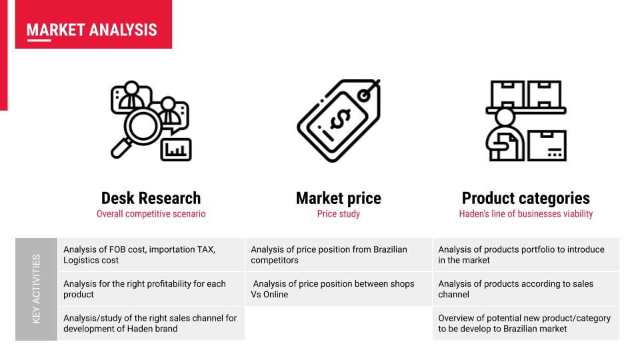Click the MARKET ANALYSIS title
pyautogui.click(x=92, y=30)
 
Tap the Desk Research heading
pyautogui.click(x=151, y=199)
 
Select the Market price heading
pyautogui.click(x=339, y=199)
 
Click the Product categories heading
pyautogui.click(x=526, y=199)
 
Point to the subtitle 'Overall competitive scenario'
pyautogui.click(x=151, y=214)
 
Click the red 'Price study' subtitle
pyautogui.click(x=339, y=214)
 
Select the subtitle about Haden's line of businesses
pyautogui.click(x=526, y=214)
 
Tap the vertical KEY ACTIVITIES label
pyautogui.click(x=36, y=289)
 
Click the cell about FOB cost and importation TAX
pyautogui.click(x=151, y=255)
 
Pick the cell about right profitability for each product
pyautogui.click(x=151, y=289)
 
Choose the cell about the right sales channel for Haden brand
pyautogui.click(x=151, y=323)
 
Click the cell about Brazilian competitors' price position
pyautogui.click(x=339, y=255)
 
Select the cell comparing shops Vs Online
pyautogui.click(x=339, y=289)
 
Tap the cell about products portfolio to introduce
pyautogui.click(x=526, y=255)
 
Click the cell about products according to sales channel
pyautogui.click(x=526, y=289)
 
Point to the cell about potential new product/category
pyautogui.click(x=526, y=323)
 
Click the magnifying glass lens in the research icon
pyautogui.click(x=143, y=125)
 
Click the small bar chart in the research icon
pyautogui.click(x=176, y=150)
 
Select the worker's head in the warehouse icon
pyautogui.click(x=505, y=117)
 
